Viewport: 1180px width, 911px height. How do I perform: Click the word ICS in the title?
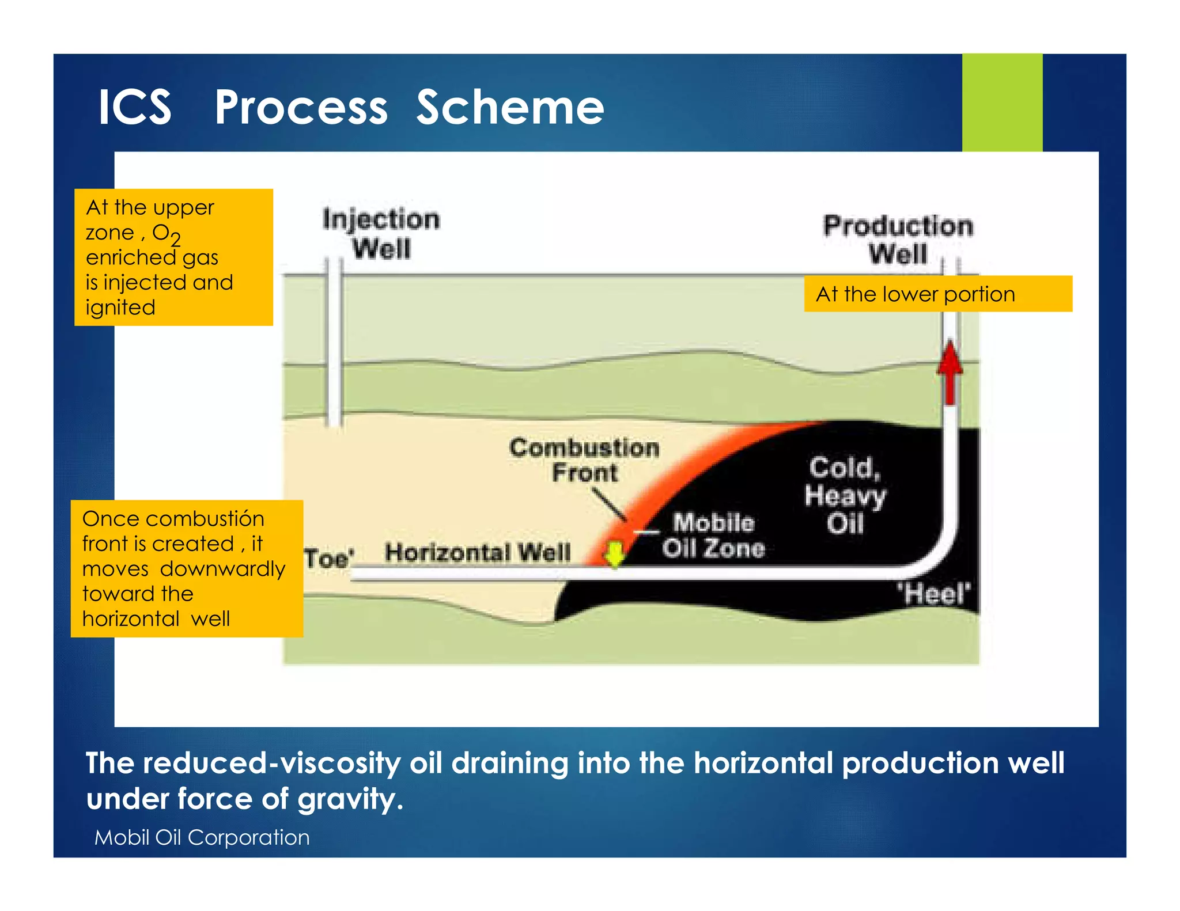tap(135, 108)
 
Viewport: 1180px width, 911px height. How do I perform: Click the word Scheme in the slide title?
tap(510, 108)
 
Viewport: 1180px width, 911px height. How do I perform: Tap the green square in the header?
tap(1001, 103)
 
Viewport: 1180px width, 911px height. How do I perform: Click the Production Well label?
tap(898, 240)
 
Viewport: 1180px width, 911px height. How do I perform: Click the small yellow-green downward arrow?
tap(615, 555)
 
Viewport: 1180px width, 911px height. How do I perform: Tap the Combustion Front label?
tap(584, 460)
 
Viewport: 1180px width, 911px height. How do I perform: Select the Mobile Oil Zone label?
tap(713, 536)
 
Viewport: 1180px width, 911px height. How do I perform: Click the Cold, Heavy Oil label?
tap(845, 495)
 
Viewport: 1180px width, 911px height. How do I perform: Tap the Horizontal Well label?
tap(478, 553)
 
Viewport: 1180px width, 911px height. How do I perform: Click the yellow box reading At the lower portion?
tap(937, 294)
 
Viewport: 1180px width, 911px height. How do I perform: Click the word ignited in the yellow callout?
tap(120, 308)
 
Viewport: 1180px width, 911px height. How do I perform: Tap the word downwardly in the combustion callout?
tap(223, 569)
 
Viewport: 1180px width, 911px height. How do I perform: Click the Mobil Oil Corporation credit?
tap(202, 837)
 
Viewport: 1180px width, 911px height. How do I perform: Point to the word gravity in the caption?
tap(346, 799)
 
